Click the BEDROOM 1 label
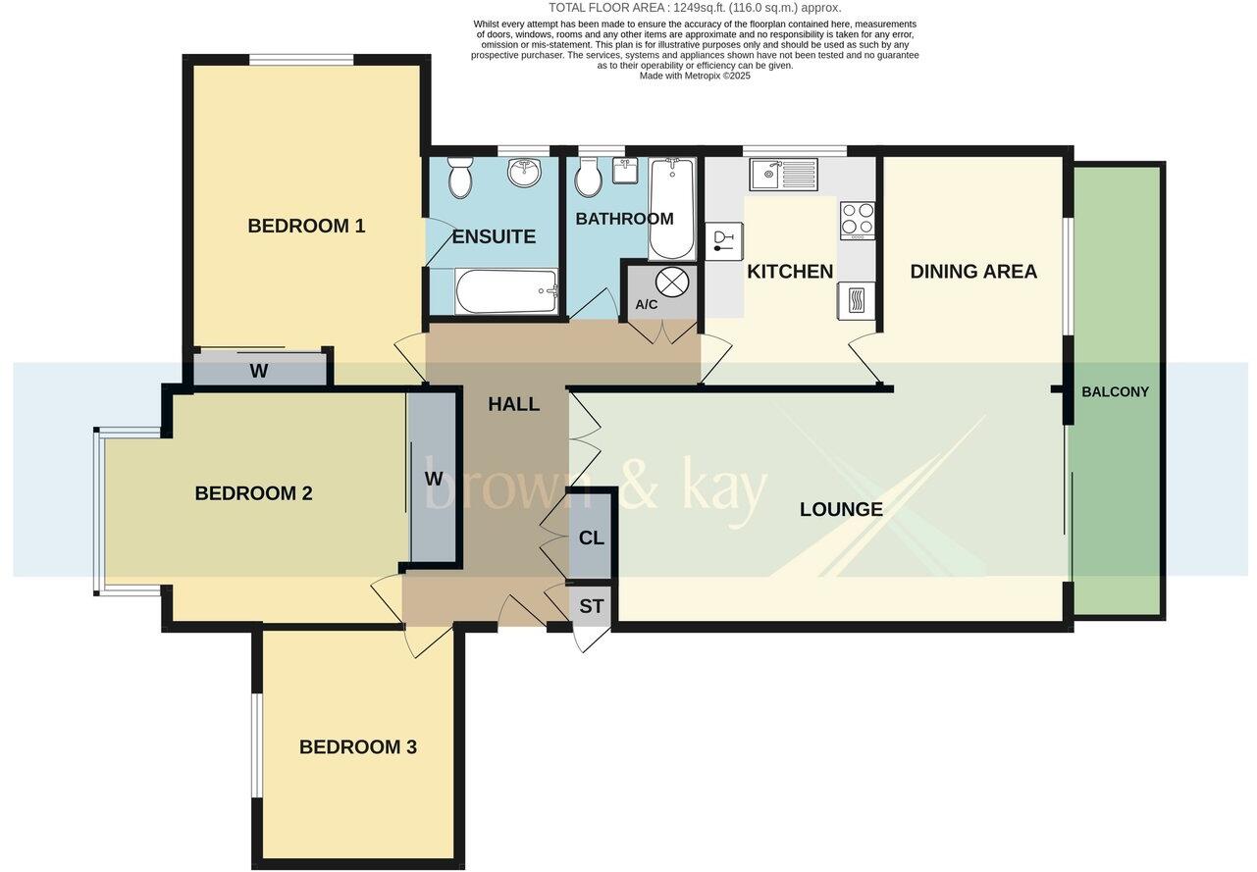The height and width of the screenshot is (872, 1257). point(306,226)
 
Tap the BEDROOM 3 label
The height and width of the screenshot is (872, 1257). point(357,746)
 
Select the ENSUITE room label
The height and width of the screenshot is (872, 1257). point(494,236)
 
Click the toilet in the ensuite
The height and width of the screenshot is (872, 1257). point(458,180)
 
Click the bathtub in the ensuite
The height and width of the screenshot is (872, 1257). point(506,291)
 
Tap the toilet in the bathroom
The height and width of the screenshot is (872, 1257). point(589,180)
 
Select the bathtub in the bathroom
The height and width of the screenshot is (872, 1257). point(672,208)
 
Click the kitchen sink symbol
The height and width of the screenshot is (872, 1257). point(783,175)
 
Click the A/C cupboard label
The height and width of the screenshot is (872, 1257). point(647,305)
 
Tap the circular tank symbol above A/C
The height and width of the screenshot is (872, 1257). point(672,282)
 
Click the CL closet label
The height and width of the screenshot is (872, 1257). point(592,539)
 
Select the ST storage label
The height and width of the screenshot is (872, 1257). point(591,606)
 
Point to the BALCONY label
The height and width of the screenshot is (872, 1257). point(1115,391)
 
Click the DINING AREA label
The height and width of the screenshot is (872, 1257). point(972,272)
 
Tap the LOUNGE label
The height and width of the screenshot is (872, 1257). point(841,509)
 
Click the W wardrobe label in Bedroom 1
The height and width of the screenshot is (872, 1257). point(259,371)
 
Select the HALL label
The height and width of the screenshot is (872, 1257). point(514,403)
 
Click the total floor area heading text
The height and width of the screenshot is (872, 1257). point(694,8)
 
